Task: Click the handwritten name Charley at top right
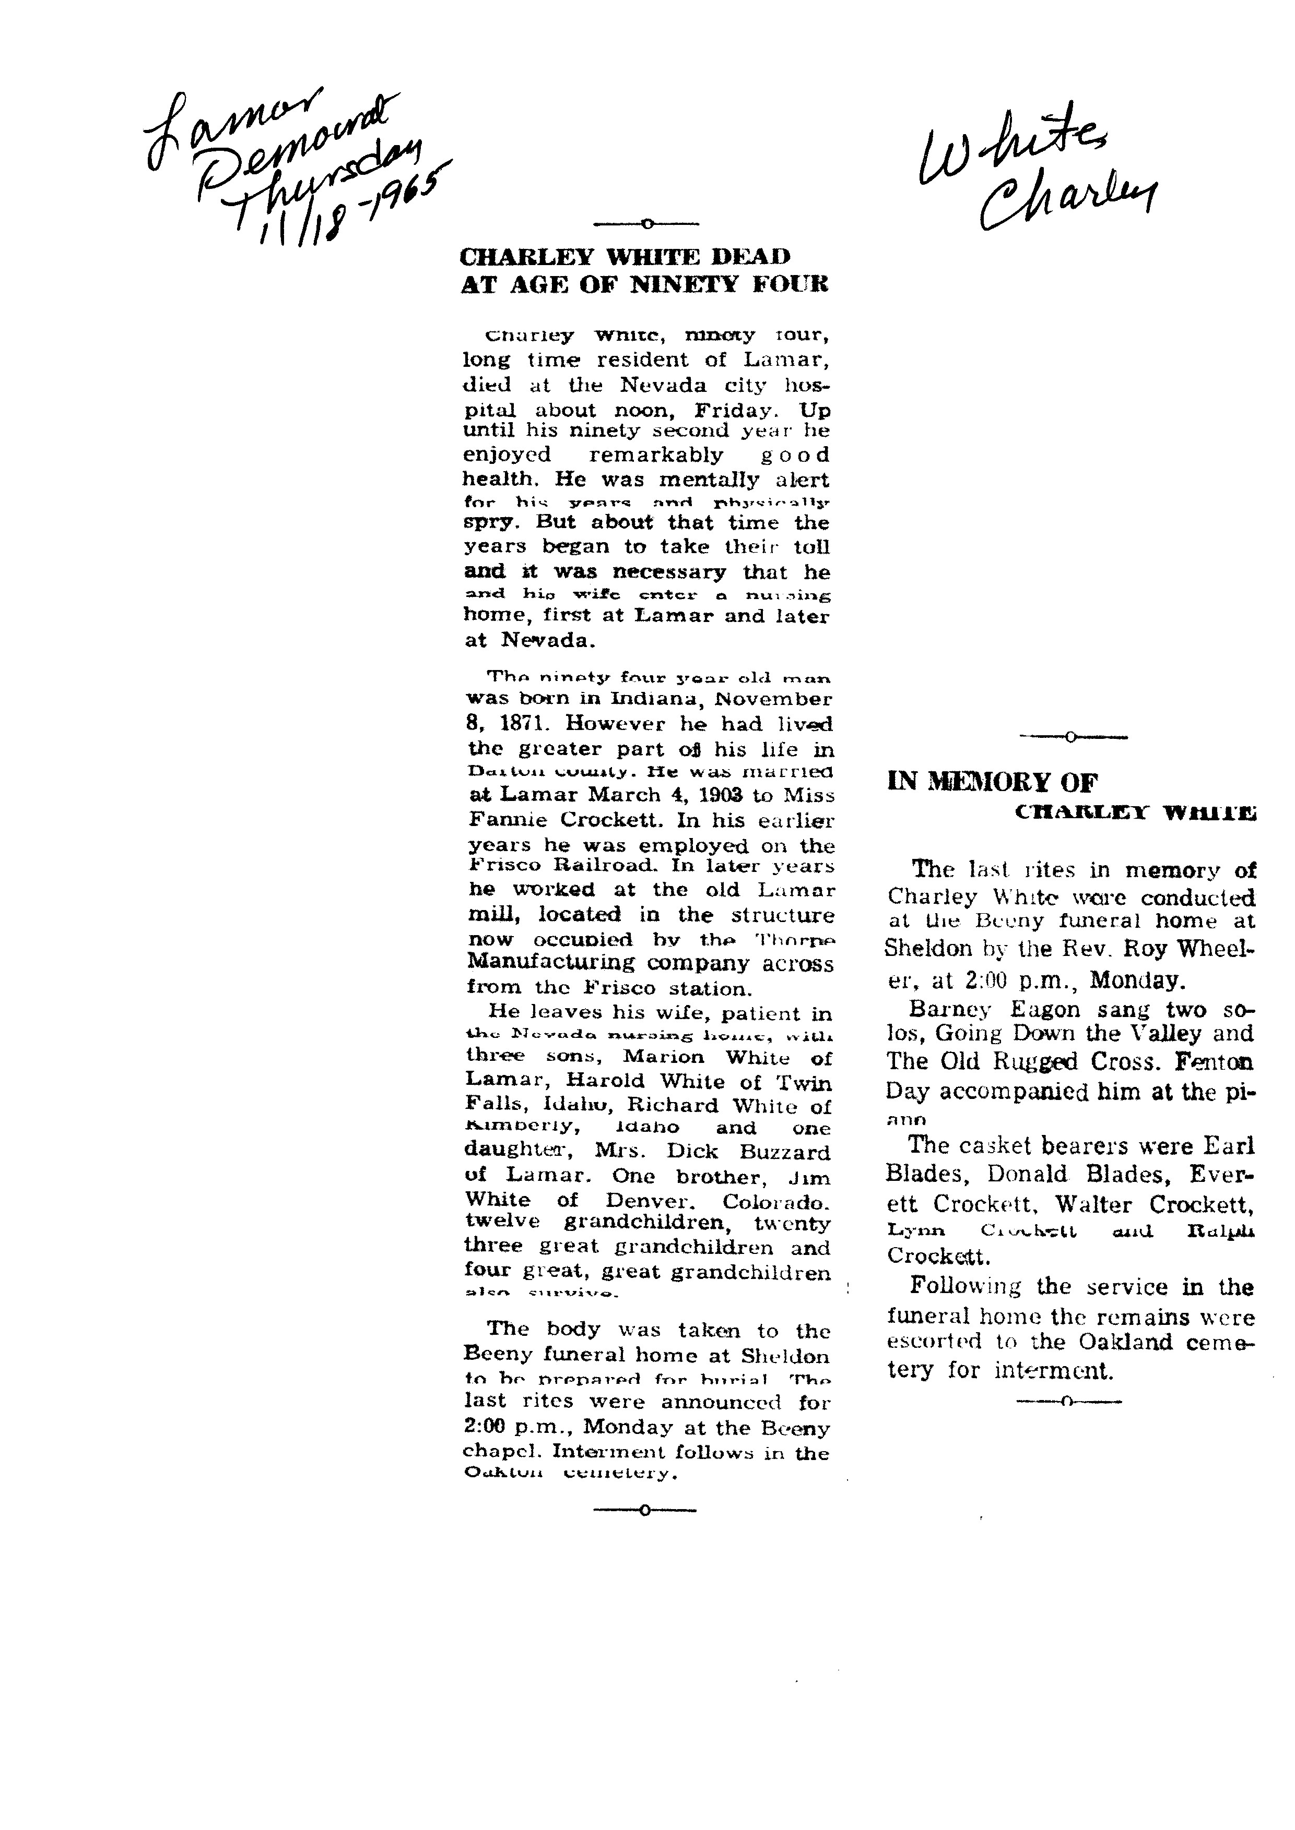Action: pos(1068,199)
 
